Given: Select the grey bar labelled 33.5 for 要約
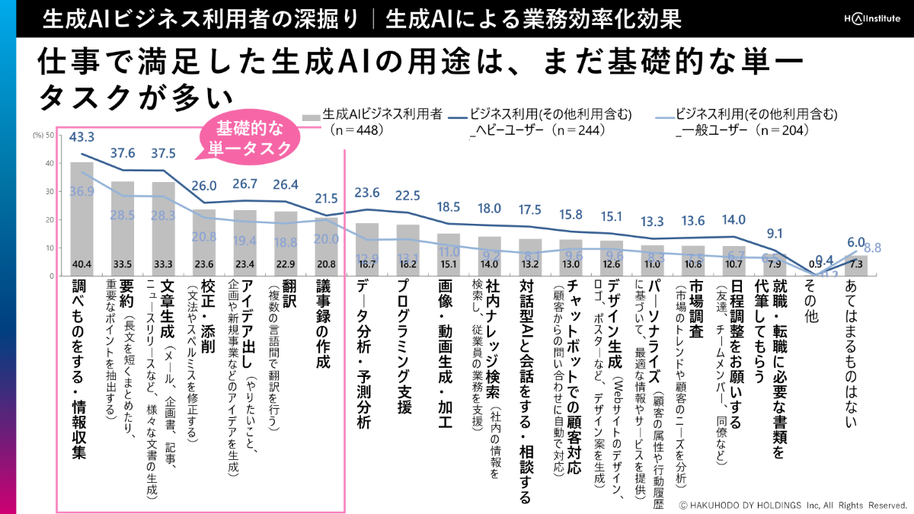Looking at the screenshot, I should pos(123,228).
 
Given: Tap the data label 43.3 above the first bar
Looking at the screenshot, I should pos(81,138).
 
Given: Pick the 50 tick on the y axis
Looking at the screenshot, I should pos(50,136).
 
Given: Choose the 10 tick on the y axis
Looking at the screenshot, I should pos(50,247).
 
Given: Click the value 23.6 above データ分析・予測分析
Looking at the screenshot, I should pos(367,192).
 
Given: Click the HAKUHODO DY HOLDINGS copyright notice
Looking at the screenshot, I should pos(792,505).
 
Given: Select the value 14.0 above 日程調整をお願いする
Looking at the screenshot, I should pos(734,221).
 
